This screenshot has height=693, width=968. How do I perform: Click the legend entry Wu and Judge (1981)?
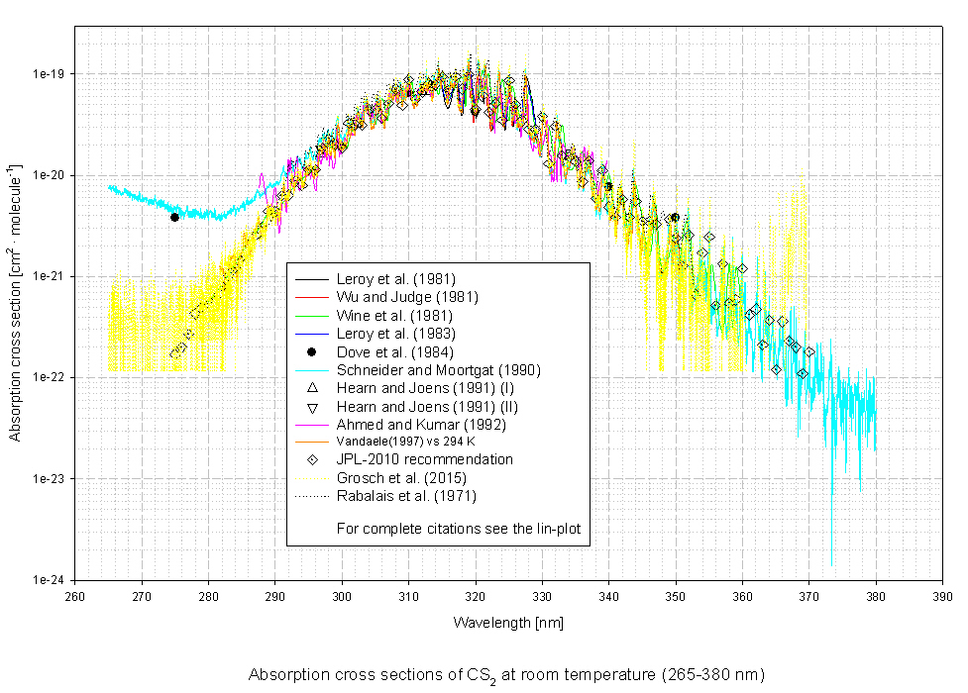pos(408,297)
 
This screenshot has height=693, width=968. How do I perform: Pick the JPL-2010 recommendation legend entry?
pos(425,459)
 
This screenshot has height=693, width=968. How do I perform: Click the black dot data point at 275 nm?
pos(174,217)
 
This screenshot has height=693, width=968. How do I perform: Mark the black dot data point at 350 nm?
pos(675,217)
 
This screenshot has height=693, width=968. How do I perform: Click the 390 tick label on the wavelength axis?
pos(943,597)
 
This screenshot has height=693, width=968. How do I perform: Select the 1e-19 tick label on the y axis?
pos(50,74)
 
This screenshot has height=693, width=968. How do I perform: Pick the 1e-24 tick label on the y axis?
pos(50,580)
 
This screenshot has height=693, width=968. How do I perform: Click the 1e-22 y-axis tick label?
pos(50,377)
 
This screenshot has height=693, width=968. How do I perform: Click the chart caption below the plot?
pos(506,675)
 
